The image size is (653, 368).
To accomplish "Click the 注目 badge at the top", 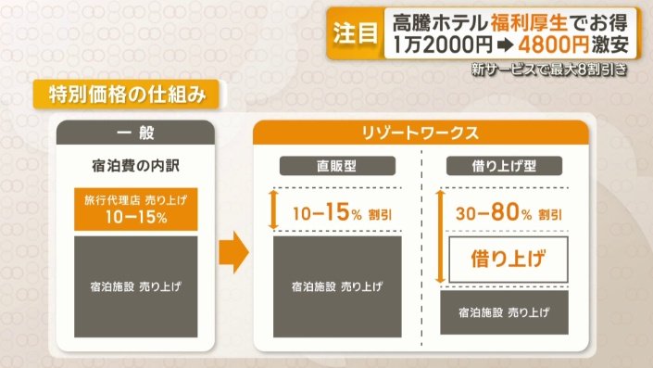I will (x=355, y=34).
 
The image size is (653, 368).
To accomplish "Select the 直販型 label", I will (x=339, y=167).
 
